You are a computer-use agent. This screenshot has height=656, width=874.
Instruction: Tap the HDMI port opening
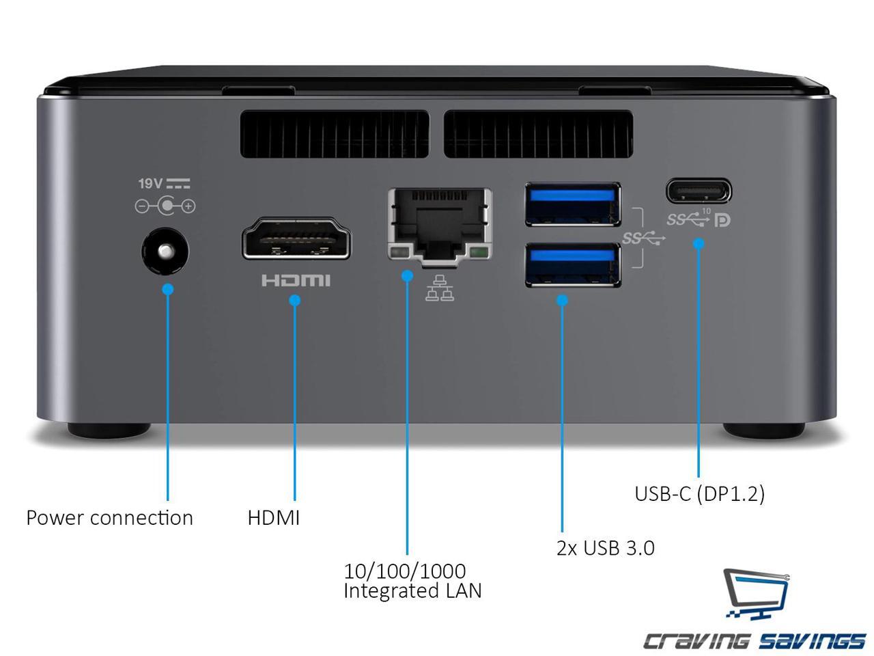pos(296,238)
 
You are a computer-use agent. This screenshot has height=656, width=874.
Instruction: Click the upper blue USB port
pos(573,204)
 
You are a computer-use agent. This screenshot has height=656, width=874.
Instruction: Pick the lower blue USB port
pos(573,264)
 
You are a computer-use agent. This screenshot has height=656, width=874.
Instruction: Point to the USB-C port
pos(699,191)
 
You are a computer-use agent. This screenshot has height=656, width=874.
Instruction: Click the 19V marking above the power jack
pos(150,183)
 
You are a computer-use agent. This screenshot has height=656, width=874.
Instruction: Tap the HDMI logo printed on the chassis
pos(296,280)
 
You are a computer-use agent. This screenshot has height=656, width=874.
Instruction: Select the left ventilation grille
pos(334,133)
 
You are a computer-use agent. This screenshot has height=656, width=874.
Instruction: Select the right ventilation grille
pos(537,133)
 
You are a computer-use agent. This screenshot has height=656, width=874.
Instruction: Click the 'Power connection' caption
pos(109,518)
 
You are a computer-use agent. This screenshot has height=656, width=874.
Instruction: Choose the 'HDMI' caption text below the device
pos(273,518)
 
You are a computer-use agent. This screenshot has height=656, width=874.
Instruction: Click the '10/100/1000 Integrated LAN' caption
pos(412,580)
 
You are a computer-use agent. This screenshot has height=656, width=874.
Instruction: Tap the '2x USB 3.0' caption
pos(605,548)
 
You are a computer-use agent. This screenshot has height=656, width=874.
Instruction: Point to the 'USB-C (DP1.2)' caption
pos(699,493)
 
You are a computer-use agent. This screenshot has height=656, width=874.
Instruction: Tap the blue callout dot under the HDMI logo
pos(295,300)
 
